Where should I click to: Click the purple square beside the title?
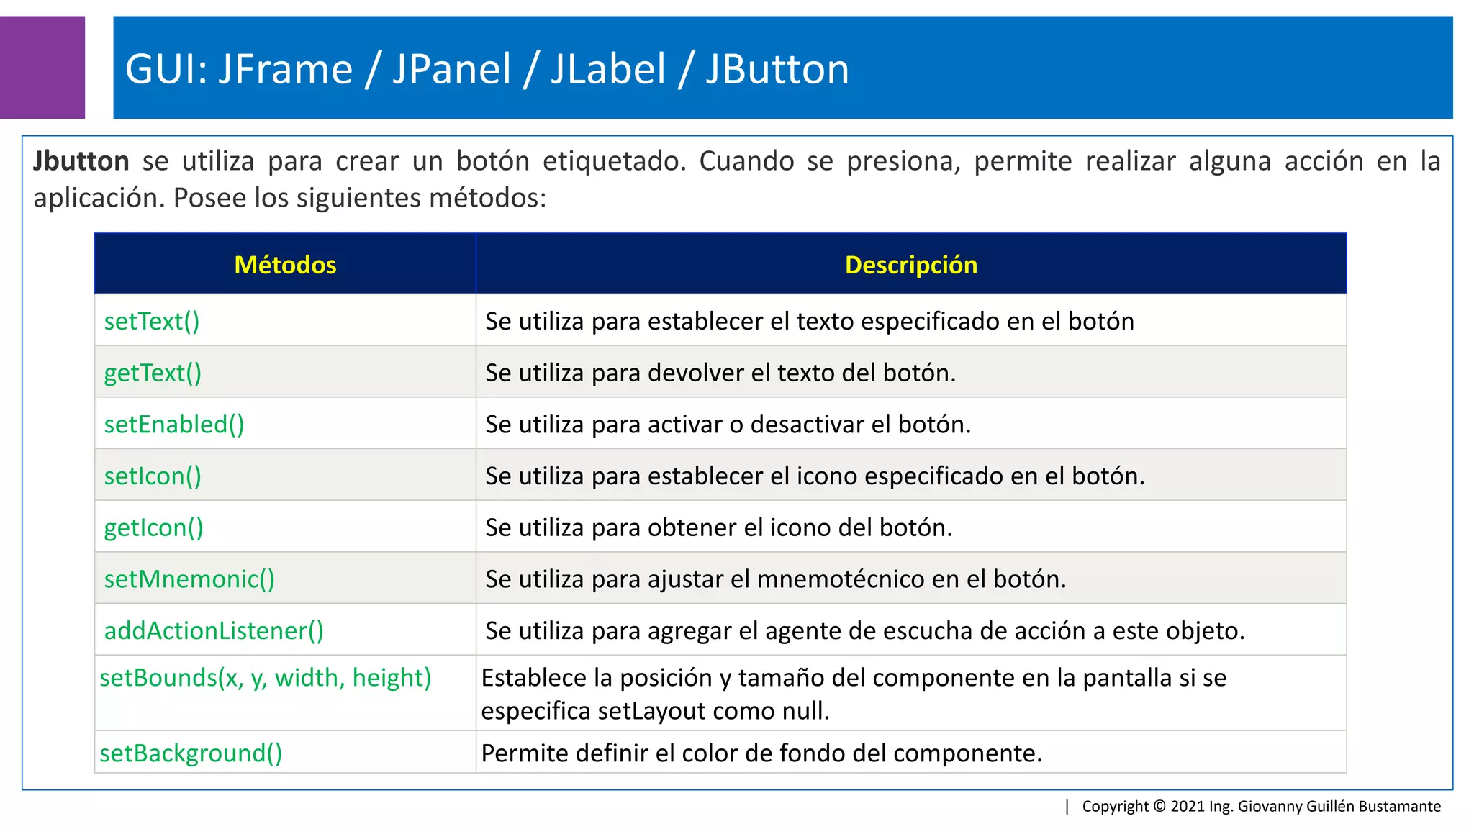[x=42, y=67]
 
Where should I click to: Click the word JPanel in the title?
[x=451, y=69]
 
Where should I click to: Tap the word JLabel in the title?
[x=608, y=69]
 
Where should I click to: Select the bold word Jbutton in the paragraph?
[x=81, y=161]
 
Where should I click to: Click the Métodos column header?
[x=285, y=265]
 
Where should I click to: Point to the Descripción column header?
[x=910, y=265]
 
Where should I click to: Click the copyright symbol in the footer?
[x=1159, y=806]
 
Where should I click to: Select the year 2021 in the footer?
[x=1188, y=806]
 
